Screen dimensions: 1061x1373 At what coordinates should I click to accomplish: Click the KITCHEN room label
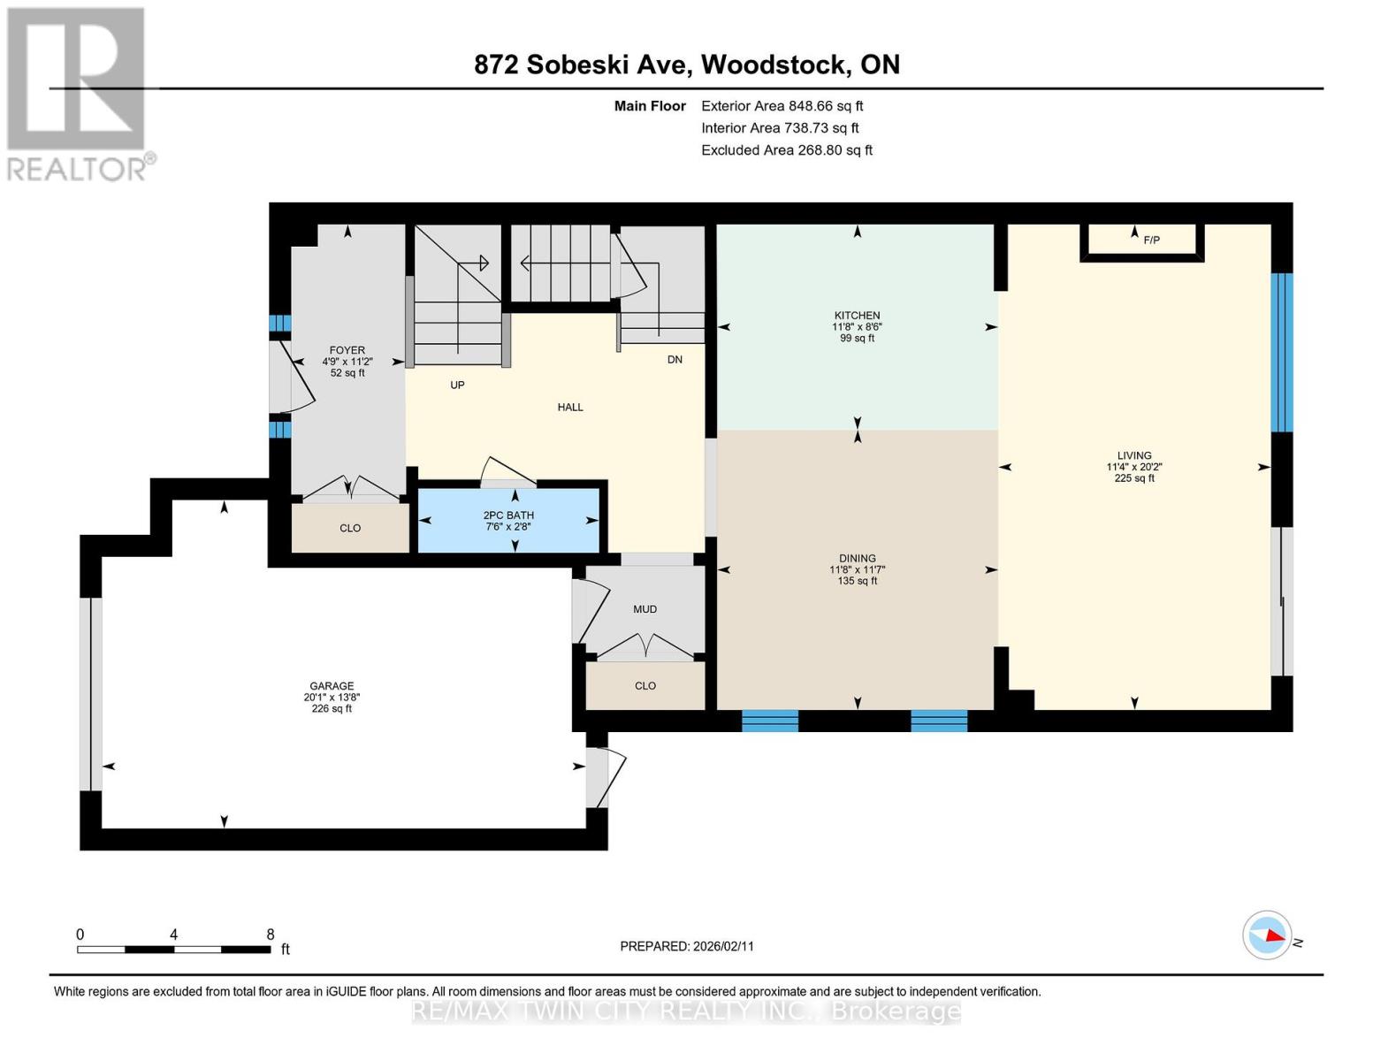(x=857, y=316)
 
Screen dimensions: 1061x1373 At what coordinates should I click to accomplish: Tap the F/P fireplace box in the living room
(x=1141, y=240)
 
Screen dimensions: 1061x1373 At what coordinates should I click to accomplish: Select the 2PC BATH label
(x=508, y=515)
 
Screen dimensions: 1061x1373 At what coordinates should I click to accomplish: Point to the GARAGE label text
(x=332, y=686)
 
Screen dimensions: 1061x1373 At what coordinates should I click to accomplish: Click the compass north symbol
(x=1267, y=935)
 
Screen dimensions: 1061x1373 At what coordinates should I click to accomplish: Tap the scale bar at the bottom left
(x=174, y=949)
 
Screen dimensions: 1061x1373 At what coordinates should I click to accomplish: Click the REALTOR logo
(x=78, y=94)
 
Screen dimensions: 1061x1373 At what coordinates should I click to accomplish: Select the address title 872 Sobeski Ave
(x=687, y=65)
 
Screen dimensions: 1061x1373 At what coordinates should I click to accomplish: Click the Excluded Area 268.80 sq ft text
(x=786, y=150)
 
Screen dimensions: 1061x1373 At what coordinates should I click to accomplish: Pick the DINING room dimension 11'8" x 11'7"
(x=857, y=570)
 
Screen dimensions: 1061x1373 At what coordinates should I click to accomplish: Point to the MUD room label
(x=645, y=609)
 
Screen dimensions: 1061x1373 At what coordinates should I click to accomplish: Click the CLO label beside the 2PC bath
(x=350, y=528)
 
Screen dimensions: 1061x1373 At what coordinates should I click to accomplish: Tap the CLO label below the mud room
(x=645, y=686)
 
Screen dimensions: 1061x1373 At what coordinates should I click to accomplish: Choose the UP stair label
(x=457, y=385)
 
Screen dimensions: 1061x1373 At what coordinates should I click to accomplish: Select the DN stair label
(x=675, y=360)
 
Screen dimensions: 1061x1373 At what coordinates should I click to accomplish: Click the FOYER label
(x=347, y=350)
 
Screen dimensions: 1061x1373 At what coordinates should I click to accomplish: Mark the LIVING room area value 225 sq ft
(x=1134, y=478)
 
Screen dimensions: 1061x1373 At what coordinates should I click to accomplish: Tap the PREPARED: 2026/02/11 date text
(x=687, y=946)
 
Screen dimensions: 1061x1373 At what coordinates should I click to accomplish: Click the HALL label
(x=570, y=408)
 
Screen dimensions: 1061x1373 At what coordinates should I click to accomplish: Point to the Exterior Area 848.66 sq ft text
(x=782, y=106)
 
